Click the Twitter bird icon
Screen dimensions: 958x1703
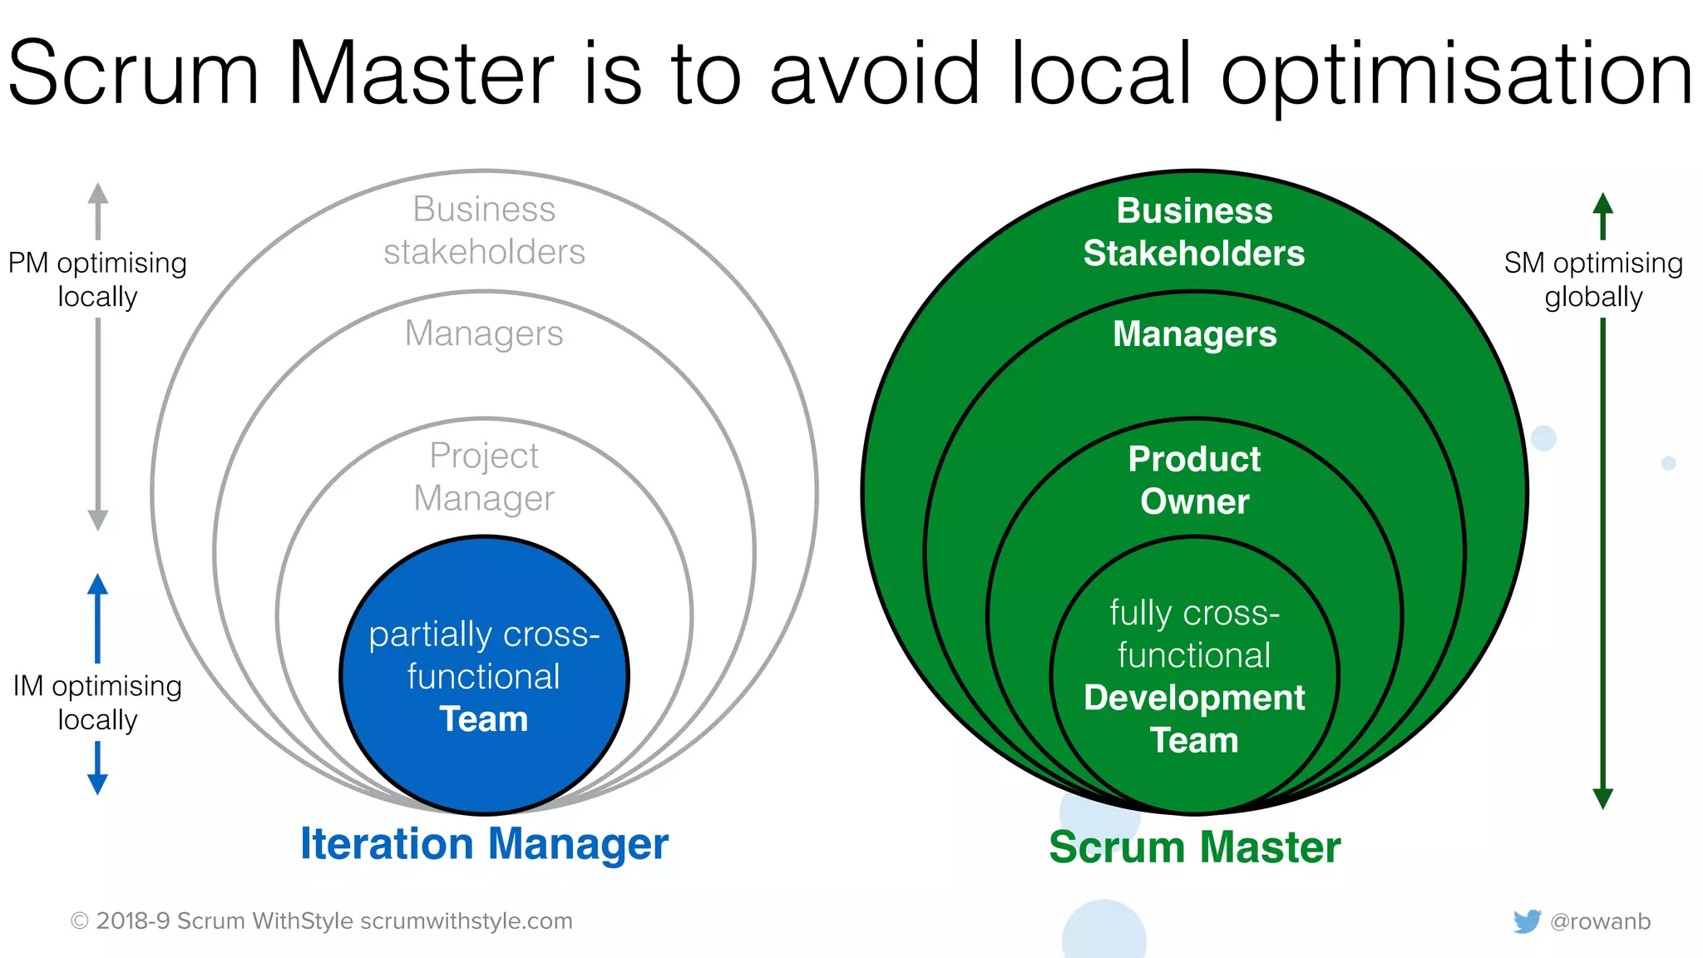[1527, 921]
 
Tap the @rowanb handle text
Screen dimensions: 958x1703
[1600, 921]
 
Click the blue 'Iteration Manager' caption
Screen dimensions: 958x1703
[484, 844]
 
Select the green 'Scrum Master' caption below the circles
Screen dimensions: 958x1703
[1194, 847]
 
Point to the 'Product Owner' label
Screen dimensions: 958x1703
[1194, 481]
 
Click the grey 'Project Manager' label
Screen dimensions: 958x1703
[484, 477]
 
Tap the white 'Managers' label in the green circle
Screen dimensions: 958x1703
[1194, 334]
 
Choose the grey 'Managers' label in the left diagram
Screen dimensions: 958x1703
[484, 334]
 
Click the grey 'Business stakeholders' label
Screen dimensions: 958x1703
[484, 230]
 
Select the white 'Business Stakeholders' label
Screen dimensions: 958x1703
[1194, 232]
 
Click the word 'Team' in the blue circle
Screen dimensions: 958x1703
[484, 719]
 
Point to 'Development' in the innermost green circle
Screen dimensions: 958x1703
[1194, 699]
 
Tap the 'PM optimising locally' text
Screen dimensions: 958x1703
[97, 279]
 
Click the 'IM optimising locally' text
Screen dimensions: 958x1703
[97, 703]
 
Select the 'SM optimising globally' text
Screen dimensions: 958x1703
[1593, 279]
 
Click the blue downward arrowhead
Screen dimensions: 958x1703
[97, 783]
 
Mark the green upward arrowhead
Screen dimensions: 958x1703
[1602, 205]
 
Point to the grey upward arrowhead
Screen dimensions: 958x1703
[98, 194]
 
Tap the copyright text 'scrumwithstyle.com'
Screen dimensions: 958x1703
[466, 921]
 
